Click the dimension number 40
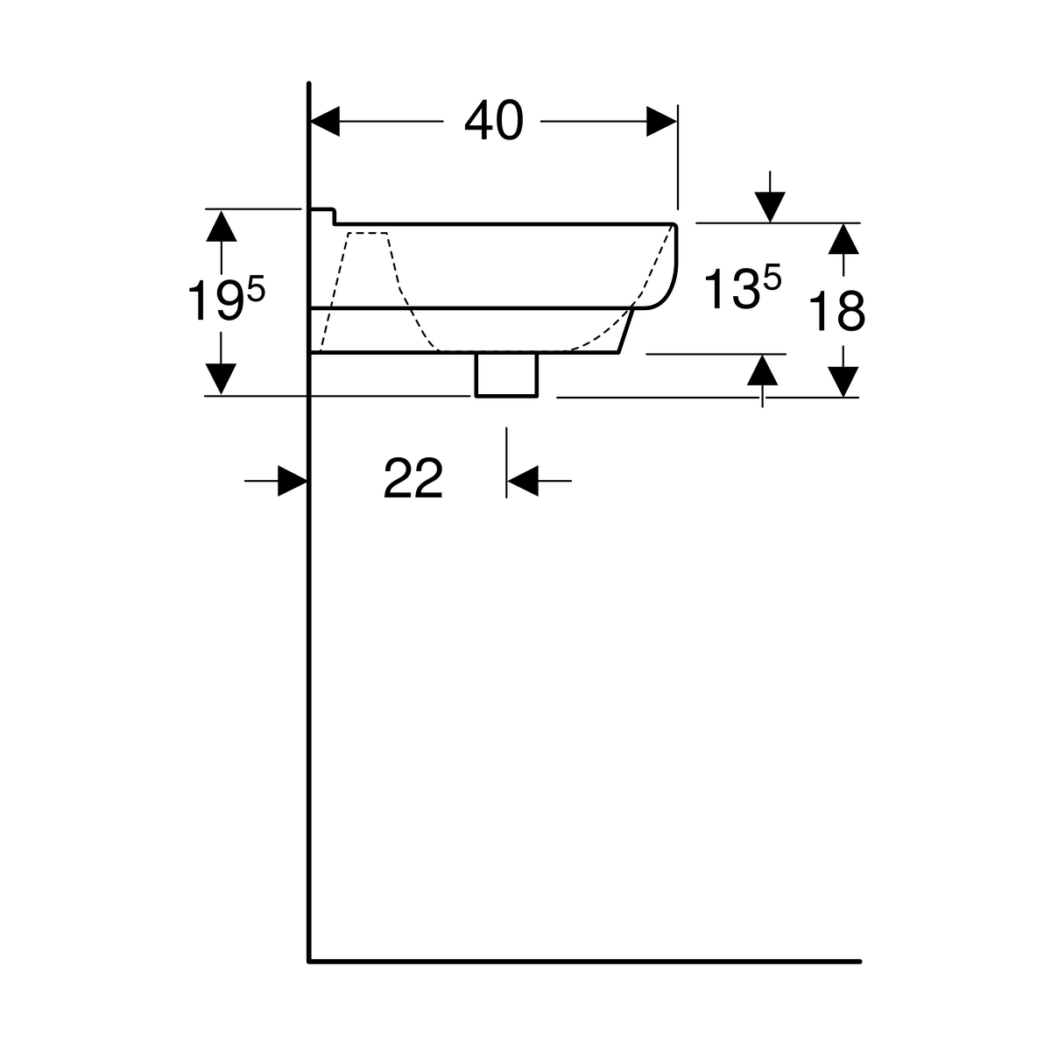pyautogui.click(x=494, y=120)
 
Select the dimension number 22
pyautogui.click(x=413, y=478)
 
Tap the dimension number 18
pyautogui.click(x=836, y=311)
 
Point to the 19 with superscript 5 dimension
pyautogui.click(x=226, y=298)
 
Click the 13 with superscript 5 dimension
pyautogui.click(x=743, y=287)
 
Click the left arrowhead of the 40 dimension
pyautogui.click(x=325, y=121)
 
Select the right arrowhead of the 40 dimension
pyautogui.click(x=661, y=121)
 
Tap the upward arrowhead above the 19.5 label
pyautogui.click(x=221, y=226)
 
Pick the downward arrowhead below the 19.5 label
pyautogui.click(x=221, y=378)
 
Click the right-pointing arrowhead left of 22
pyautogui.click(x=293, y=481)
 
